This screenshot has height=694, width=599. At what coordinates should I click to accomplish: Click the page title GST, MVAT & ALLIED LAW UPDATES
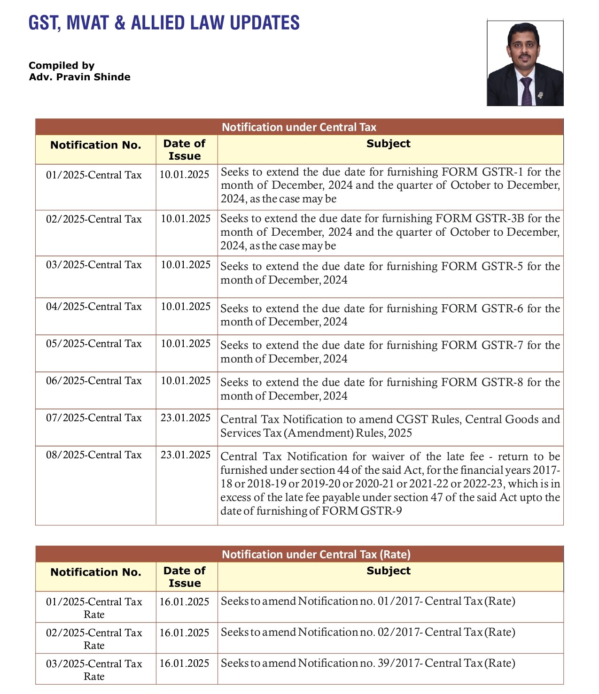click(x=164, y=23)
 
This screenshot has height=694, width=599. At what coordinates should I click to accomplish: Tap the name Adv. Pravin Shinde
click(x=79, y=77)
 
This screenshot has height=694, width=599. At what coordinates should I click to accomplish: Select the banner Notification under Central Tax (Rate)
click(x=316, y=555)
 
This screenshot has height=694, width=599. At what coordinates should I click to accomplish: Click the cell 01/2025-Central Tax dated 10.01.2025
click(x=93, y=175)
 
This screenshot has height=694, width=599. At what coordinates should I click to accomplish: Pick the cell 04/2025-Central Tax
click(x=93, y=307)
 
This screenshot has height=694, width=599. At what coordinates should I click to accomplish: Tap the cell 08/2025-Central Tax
click(x=93, y=455)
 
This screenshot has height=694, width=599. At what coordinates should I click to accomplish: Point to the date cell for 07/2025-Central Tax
click(x=186, y=418)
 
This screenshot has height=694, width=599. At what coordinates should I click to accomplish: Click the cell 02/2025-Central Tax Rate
click(x=94, y=639)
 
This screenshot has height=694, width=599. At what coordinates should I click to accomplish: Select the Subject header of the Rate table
click(x=388, y=571)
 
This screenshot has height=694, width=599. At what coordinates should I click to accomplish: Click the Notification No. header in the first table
click(x=95, y=145)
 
